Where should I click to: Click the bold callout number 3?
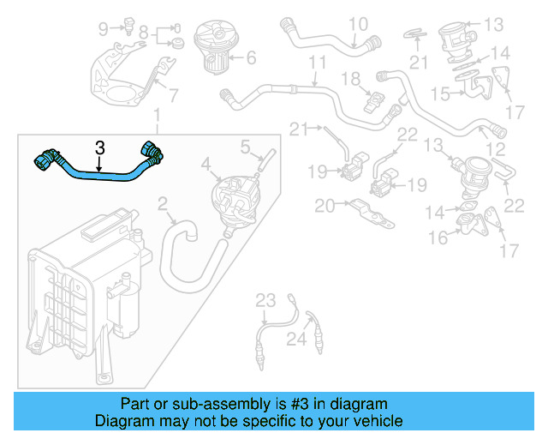coord(99,147)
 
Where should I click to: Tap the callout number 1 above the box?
coord(156,116)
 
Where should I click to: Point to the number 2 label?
coord(163,204)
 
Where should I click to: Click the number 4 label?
coord(205,163)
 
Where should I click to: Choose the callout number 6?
coord(251,59)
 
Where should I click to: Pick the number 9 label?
coord(104,29)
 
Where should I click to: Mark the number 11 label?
coord(318,63)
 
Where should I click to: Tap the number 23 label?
coord(266,300)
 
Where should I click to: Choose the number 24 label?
coord(295,340)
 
